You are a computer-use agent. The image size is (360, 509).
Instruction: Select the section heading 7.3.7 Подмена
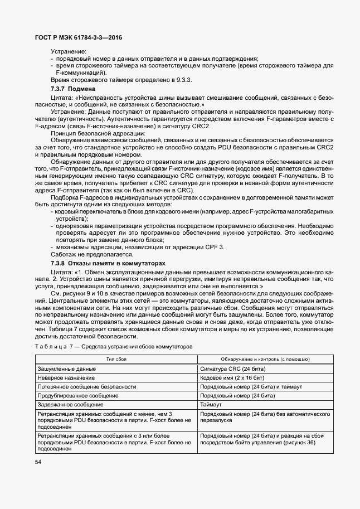pos(73,89)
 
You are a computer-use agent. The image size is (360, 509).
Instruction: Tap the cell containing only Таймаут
pos(211,404)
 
